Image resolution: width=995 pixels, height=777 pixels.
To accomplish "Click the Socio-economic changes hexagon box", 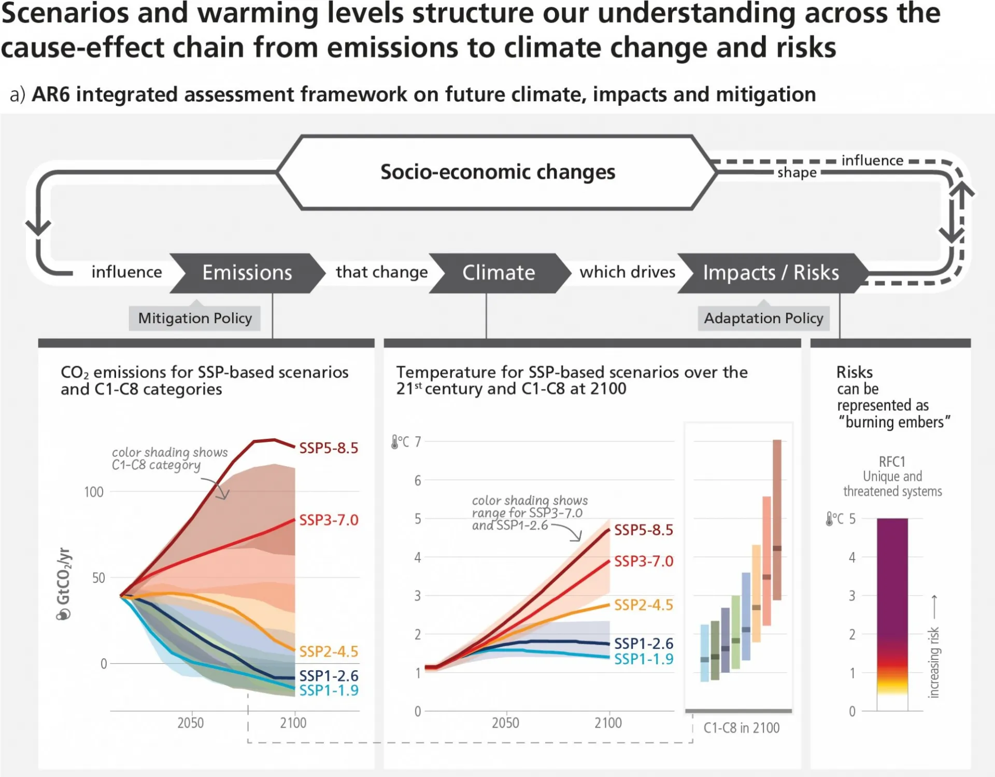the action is pos(497,172).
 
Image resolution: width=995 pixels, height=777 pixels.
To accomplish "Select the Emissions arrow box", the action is pos(247,273).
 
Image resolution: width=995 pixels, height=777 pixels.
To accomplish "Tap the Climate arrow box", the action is pos(499,273).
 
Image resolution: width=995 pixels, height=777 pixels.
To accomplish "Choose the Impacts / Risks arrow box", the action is pos(771,273).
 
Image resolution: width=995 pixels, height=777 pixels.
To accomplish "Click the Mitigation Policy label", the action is pos(195,318).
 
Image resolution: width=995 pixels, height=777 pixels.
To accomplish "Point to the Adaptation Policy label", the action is pos(763,318).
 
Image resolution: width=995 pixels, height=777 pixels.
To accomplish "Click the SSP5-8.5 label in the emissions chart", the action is pos(329,448).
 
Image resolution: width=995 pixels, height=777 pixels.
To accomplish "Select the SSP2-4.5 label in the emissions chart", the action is pos(329,651).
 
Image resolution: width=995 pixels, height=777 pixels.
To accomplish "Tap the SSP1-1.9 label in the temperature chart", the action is pos(644,659).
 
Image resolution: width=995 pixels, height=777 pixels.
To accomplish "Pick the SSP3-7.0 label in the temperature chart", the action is pos(644,561).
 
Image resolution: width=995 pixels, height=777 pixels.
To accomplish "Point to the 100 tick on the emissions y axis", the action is pos(94,492).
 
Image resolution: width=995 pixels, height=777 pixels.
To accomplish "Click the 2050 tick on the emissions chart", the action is pos(191,723).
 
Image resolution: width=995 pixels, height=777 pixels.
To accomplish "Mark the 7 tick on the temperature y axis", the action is pos(418,442).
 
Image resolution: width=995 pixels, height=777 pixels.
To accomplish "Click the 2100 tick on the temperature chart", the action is pos(608,723).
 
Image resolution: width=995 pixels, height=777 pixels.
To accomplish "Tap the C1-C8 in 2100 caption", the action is pos(742,728).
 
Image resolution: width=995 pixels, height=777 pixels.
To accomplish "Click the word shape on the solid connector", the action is pos(797,173).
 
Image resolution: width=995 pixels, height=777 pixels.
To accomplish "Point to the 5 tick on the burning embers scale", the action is pos(852,519).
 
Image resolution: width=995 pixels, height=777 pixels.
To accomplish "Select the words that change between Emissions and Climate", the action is pos(382,272).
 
